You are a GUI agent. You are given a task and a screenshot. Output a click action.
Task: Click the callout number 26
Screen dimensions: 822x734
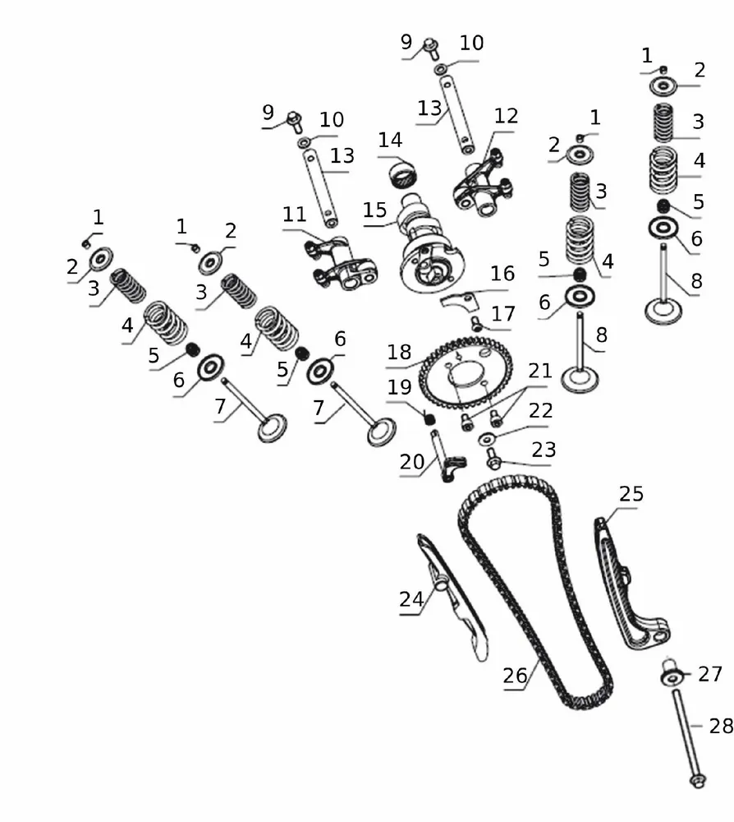[x=515, y=676]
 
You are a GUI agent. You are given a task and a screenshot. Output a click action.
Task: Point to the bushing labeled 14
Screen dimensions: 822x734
[x=403, y=173]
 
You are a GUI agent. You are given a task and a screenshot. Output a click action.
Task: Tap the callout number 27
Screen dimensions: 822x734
[x=709, y=674]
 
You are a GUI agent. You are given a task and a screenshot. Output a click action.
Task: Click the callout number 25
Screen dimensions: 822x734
[x=631, y=494]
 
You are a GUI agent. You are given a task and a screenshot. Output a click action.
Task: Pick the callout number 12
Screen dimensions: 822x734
[x=507, y=116]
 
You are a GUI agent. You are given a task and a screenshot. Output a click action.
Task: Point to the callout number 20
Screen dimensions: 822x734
[x=412, y=462]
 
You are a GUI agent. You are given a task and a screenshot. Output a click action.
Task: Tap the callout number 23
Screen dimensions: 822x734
[x=544, y=450]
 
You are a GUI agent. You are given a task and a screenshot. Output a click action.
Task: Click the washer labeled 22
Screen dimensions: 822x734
[x=486, y=440]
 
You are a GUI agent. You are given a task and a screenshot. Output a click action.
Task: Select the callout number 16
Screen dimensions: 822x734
[x=502, y=274]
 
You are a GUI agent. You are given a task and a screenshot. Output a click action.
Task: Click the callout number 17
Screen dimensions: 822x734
[x=503, y=313]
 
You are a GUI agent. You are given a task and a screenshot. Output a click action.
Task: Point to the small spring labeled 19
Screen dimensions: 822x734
[x=429, y=419]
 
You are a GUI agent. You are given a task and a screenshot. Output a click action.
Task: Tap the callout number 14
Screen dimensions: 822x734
[x=390, y=140]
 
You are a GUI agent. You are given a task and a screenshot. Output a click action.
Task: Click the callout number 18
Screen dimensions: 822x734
[x=399, y=352]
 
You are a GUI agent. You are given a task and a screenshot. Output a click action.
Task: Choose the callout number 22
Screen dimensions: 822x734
[x=540, y=410]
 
